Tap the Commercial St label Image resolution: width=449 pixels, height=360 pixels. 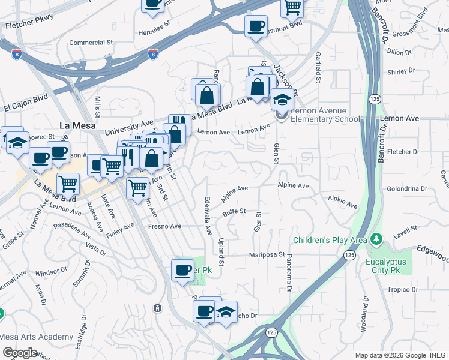pos(91,43)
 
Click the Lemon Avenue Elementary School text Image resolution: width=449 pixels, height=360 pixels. pos(325,115)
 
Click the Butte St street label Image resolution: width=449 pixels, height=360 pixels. pos(234,211)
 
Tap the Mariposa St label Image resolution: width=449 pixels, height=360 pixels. pos(267,255)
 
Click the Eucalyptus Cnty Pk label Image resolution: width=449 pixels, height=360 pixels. pos(386,266)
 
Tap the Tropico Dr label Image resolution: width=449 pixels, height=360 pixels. pos(402,289)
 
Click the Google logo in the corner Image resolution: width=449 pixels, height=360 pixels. pos(20,352)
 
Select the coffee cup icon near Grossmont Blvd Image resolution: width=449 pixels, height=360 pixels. pos(256,26)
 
